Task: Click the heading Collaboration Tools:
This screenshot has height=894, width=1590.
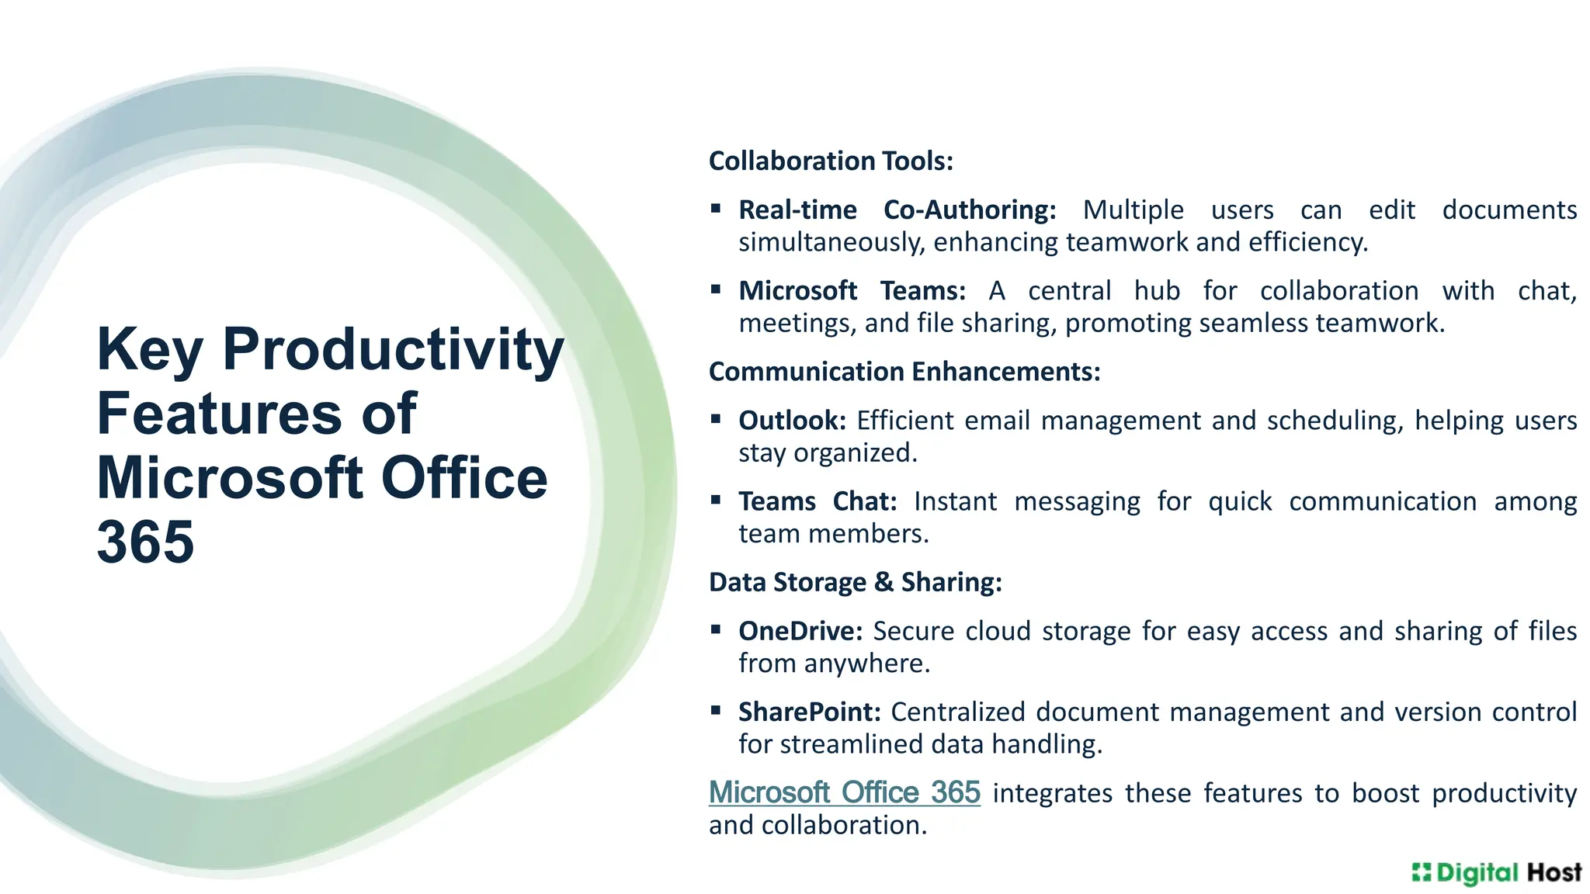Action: [831, 161]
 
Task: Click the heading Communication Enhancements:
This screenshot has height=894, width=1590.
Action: [904, 372]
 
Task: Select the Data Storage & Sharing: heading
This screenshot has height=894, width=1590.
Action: [856, 582]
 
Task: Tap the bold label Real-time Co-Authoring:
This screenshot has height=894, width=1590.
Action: [897, 210]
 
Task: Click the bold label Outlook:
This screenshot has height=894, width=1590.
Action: [792, 421]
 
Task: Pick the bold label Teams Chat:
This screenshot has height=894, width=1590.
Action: [818, 501]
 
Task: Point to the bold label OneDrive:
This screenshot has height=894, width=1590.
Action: [800, 631]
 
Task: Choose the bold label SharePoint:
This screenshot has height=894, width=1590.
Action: [810, 712]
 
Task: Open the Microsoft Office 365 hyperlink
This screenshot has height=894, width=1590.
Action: [845, 792]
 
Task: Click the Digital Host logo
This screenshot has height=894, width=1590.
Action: [1496, 873]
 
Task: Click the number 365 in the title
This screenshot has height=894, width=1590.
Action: [145, 542]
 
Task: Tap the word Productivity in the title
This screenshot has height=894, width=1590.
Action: [393, 349]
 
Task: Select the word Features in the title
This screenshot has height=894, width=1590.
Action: [219, 414]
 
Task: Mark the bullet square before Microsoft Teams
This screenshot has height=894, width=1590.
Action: [716, 289]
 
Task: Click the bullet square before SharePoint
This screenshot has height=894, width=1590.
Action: [716, 710]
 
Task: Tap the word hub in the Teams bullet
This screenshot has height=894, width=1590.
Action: [1157, 291]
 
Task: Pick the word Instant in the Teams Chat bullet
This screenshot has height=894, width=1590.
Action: [955, 501]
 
